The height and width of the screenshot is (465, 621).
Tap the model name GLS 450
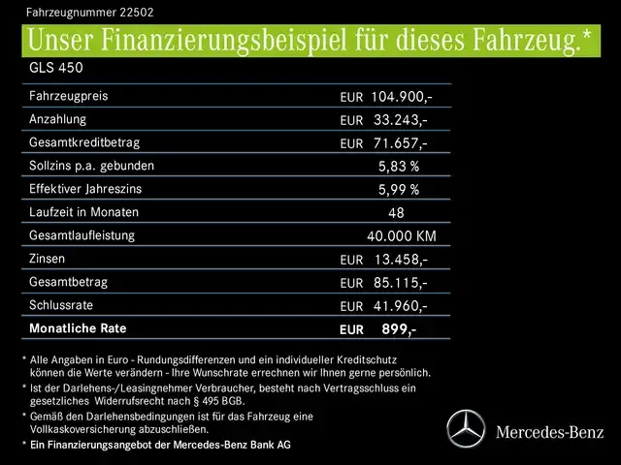click(56, 68)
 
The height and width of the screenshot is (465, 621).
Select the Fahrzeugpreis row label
click(69, 96)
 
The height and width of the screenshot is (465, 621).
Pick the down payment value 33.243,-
click(400, 120)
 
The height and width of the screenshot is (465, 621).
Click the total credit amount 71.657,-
click(400, 143)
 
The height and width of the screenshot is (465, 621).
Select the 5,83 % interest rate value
click(399, 167)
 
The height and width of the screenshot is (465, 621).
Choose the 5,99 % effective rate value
click(399, 190)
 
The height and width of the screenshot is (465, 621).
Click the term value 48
click(396, 213)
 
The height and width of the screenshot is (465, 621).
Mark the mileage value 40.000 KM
click(402, 236)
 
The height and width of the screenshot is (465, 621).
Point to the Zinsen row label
click(49, 259)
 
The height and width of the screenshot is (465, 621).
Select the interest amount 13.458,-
click(400, 260)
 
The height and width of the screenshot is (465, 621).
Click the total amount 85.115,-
click(400, 283)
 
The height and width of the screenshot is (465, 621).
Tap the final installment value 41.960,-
click(400, 306)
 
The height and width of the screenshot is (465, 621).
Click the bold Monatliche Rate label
click(78, 328)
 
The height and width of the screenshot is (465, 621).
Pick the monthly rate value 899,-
click(399, 329)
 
